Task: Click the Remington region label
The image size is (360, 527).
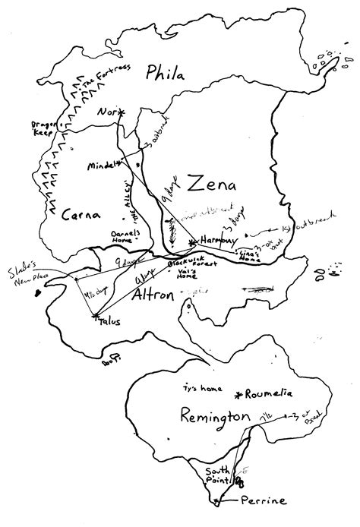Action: pos(216,415)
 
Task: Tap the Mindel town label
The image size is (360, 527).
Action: pos(102,164)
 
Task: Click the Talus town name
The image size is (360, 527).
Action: pos(109,321)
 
